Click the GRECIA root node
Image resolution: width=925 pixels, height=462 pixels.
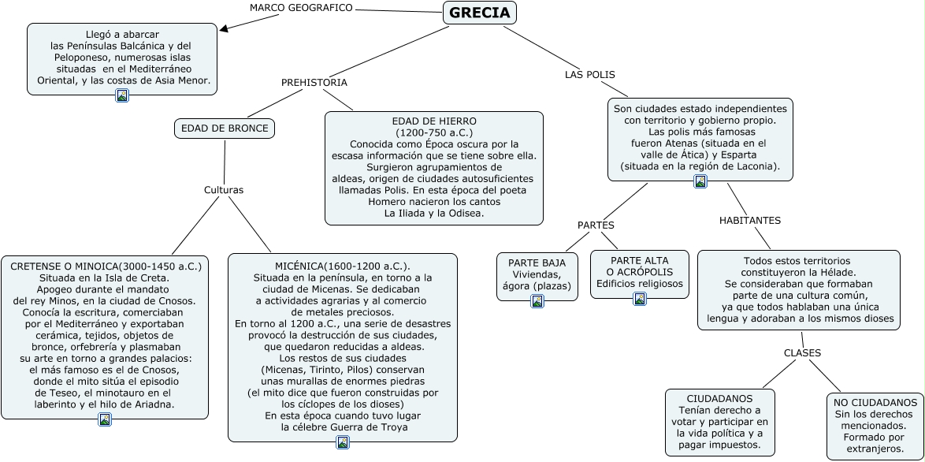(x=480, y=13)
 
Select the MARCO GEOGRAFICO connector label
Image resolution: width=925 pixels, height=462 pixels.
(x=301, y=8)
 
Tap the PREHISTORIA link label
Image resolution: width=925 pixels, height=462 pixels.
(x=314, y=82)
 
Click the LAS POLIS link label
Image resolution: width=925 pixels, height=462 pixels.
(x=590, y=75)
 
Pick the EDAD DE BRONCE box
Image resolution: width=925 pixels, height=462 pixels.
(x=225, y=129)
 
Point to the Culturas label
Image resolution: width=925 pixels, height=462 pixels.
(x=224, y=190)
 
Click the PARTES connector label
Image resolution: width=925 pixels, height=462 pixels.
(x=596, y=225)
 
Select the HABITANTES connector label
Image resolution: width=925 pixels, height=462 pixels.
(x=750, y=220)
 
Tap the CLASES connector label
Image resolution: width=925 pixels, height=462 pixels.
(x=802, y=352)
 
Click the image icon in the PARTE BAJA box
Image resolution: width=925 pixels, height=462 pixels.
(x=537, y=300)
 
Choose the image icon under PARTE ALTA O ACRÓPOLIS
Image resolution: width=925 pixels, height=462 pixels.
(x=640, y=298)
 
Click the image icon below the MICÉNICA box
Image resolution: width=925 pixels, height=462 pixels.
(x=343, y=442)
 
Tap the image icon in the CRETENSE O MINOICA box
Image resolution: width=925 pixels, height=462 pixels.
(x=105, y=419)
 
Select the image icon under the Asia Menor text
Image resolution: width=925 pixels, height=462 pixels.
(x=122, y=95)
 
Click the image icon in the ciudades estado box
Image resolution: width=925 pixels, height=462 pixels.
(x=700, y=181)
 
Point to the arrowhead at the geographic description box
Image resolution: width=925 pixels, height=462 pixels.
(x=225, y=29)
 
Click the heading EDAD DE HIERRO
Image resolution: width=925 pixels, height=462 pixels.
(x=434, y=121)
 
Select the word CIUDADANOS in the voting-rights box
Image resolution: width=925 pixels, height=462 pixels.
(x=719, y=399)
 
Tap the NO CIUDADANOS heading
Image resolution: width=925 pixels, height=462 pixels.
(x=875, y=402)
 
